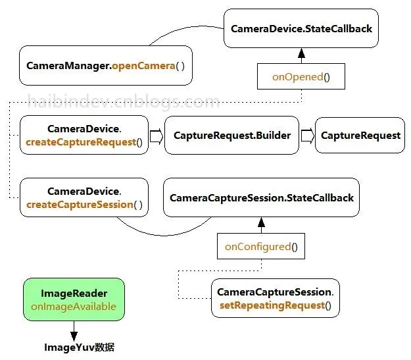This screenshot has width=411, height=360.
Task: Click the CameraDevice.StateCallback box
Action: tap(301, 29)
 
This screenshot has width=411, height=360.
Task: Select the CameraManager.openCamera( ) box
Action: tap(106, 66)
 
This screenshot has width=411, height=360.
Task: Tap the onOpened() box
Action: tap(301, 77)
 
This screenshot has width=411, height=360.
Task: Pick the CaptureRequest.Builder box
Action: tap(231, 136)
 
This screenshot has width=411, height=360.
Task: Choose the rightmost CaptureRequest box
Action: tap(360, 136)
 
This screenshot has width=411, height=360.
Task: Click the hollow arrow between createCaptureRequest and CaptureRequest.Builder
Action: tap(157, 136)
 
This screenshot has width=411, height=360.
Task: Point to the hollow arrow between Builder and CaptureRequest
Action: tap(307, 136)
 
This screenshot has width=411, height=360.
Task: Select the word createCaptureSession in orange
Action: tap(80, 204)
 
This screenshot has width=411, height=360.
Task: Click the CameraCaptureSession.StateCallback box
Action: tap(261, 197)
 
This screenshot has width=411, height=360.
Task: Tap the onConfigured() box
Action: tap(261, 247)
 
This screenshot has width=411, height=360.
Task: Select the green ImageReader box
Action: tap(74, 299)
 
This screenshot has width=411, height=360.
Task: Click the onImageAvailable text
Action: tap(74, 306)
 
